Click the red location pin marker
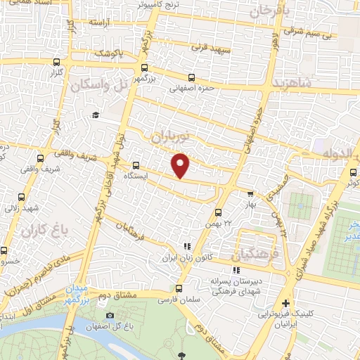point(181,165)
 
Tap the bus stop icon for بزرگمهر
point(145,68)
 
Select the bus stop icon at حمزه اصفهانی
point(191,79)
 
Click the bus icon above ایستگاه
point(136,167)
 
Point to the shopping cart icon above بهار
point(250,194)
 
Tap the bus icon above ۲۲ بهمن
point(218,212)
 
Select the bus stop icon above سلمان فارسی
point(179,288)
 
